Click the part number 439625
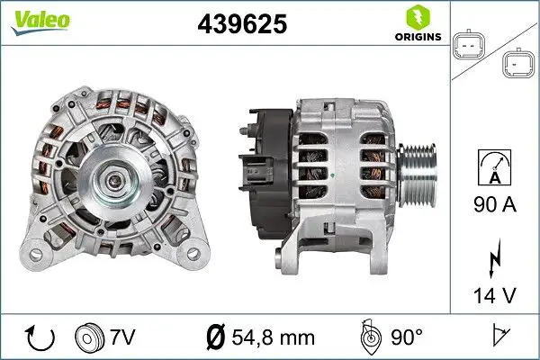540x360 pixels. tap(241, 24)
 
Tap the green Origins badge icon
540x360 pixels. tap(415, 17)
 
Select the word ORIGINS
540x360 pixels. tap(415, 37)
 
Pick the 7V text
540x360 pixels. tap(124, 337)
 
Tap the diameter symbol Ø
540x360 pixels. tap(217, 337)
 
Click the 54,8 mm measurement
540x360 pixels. tap(272, 337)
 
